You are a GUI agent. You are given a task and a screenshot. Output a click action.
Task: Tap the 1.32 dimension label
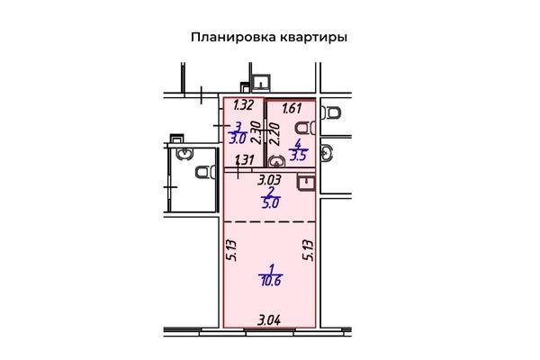[x=244, y=104]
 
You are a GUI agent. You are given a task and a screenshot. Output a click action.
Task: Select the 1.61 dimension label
[x=292, y=109]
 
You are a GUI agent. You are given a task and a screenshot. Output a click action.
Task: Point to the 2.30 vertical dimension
[x=256, y=132]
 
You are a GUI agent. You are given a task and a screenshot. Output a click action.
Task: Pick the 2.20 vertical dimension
[x=274, y=134]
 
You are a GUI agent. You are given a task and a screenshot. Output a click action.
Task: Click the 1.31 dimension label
[x=245, y=160]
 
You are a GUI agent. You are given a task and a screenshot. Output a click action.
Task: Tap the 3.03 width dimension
[x=270, y=180]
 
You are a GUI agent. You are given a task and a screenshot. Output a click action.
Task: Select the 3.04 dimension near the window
[x=269, y=320]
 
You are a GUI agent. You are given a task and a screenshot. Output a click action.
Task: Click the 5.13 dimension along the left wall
[x=231, y=250]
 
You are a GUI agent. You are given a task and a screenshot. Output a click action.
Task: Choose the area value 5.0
[x=270, y=203]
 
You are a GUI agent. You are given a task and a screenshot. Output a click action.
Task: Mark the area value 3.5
[x=298, y=156]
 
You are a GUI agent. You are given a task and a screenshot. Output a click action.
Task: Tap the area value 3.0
[x=238, y=139]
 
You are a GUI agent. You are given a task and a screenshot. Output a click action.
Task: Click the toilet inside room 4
[x=305, y=128]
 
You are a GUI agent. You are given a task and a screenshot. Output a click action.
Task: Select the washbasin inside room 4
[x=276, y=161]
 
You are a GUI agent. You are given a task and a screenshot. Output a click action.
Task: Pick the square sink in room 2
[x=306, y=183]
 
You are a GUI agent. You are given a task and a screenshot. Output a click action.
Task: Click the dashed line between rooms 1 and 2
[x=270, y=222]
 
